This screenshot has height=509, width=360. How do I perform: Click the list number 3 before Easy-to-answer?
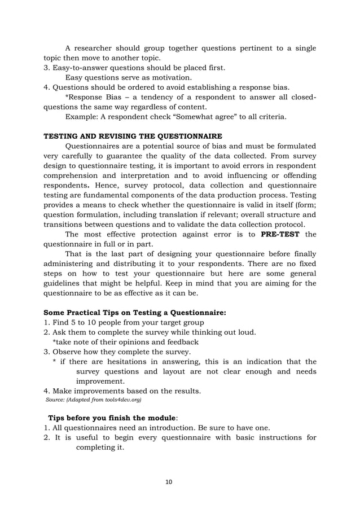(x=46, y=68)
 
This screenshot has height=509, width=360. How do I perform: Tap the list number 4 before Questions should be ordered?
(x=46, y=87)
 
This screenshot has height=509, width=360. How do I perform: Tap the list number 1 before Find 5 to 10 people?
(x=46, y=322)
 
